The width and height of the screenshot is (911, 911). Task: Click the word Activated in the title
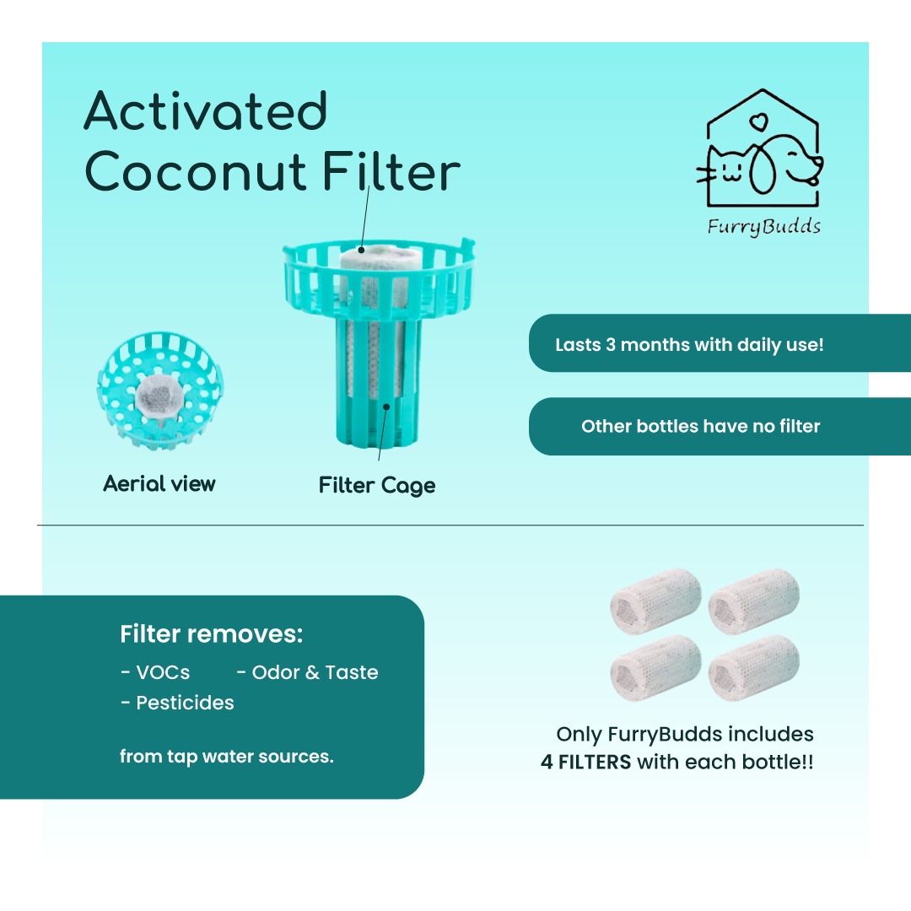pyautogui.click(x=206, y=111)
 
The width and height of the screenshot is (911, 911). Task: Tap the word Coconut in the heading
pyautogui.click(x=196, y=171)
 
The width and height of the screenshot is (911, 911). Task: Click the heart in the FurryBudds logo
pyautogui.click(x=758, y=122)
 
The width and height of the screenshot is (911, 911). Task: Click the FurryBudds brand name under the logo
pyautogui.click(x=764, y=226)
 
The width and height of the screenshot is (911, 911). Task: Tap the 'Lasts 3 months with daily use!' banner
pyautogui.click(x=720, y=343)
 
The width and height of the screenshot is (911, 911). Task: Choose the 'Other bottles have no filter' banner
pyautogui.click(x=720, y=427)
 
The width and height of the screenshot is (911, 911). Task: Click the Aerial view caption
pyautogui.click(x=159, y=483)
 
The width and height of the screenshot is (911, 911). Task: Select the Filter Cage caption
pyautogui.click(x=377, y=486)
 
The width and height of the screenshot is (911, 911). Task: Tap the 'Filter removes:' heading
pyautogui.click(x=212, y=633)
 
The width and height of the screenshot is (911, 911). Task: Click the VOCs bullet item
pyautogui.click(x=156, y=672)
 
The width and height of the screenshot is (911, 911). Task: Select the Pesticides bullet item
pyautogui.click(x=177, y=703)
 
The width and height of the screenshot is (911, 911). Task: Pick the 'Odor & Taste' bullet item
pyautogui.click(x=308, y=672)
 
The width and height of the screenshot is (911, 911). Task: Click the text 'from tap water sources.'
pyautogui.click(x=227, y=757)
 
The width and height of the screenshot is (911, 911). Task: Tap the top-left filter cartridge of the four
pyautogui.click(x=656, y=601)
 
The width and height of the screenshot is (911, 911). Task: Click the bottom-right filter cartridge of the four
pyautogui.click(x=754, y=668)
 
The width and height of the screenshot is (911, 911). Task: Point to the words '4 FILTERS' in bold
pyautogui.click(x=585, y=762)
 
